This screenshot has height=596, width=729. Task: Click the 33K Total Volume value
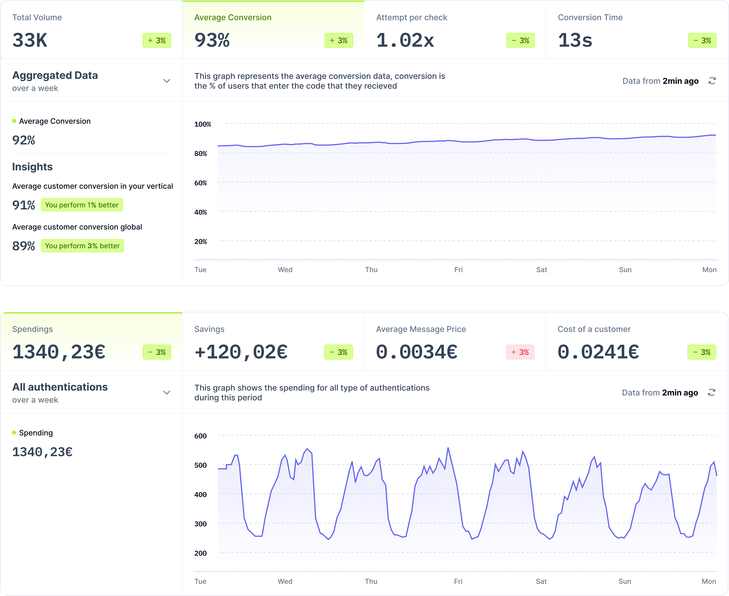[30, 40]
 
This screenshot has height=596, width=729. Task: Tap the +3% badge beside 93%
[338, 40]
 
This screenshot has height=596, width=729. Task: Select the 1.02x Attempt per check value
[405, 40]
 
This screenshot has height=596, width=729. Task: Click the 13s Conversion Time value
[575, 40]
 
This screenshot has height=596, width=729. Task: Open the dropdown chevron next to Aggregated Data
[167, 81]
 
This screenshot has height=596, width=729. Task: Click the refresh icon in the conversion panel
[712, 81]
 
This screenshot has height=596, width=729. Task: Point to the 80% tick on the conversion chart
[200, 154]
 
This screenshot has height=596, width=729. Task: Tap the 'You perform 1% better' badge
[82, 205]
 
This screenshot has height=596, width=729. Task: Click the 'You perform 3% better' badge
[82, 246]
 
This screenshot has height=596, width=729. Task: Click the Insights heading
[32, 167]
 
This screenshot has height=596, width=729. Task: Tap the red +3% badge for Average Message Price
[520, 352]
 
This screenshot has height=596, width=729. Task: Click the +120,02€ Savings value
[241, 352]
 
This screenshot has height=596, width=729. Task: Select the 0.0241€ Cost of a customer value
[598, 352]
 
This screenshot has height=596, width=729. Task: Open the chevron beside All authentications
[167, 392]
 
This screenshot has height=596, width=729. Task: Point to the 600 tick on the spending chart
[200, 436]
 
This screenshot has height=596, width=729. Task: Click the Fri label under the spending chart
[458, 581]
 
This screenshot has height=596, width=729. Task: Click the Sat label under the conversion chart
[541, 270]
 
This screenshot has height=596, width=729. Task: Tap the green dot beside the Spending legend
[14, 433]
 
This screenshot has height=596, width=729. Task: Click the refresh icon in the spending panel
[711, 392]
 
